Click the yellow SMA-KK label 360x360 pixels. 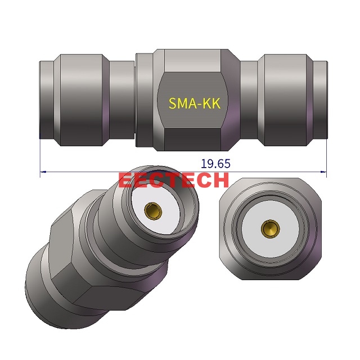pos(195,103)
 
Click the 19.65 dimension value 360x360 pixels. pos(215,164)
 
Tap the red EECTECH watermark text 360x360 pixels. pos(174,180)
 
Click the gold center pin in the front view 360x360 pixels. pos(269,228)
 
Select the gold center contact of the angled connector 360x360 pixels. pos(152,210)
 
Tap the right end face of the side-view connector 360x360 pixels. pos(325,100)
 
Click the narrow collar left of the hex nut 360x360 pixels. pos(142,100)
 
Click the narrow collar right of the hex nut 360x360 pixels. pos(247,100)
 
